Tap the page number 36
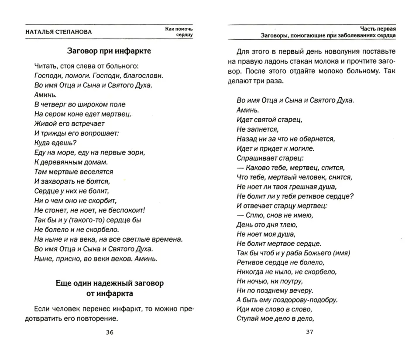click(109, 333)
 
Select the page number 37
click(309, 333)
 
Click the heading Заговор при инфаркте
click(109, 51)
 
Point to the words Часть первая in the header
click(378, 27)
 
